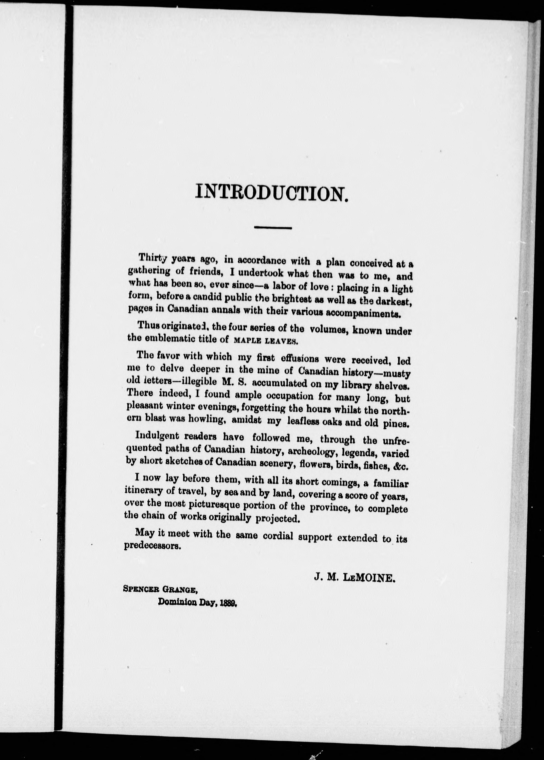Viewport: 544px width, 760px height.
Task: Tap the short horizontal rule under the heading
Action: coord(273,228)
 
